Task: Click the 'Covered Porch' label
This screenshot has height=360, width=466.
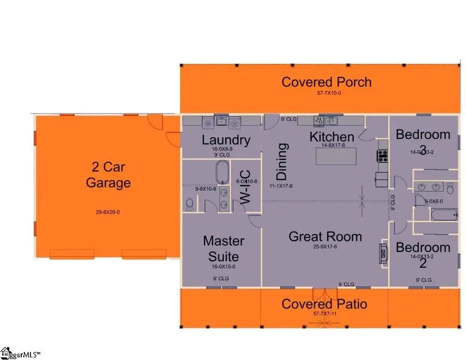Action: coord(326,82)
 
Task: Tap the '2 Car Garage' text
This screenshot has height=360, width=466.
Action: coord(108,175)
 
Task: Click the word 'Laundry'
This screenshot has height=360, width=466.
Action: coord(226,139)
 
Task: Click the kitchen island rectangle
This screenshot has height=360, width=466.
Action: coord(342,156)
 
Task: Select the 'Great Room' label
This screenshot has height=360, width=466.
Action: coord(325,237)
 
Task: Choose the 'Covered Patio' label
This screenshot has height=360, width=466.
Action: coord(324,304)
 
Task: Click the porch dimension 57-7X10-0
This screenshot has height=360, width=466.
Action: coord(326,93)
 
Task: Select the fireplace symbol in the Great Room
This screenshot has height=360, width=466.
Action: coord(384,252)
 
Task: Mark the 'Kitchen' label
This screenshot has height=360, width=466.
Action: coord(332,137)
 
